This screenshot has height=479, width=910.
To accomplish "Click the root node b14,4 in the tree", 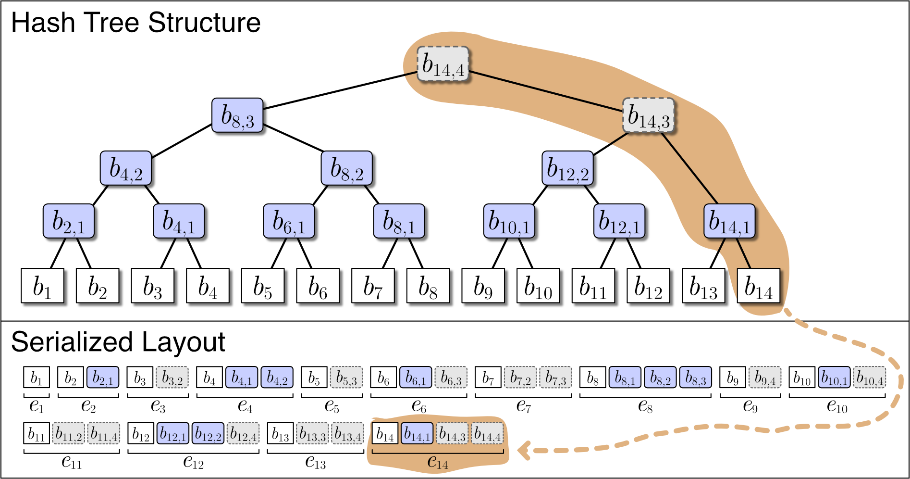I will (x=443, y=63).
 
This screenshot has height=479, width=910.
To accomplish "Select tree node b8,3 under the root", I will (x=237, y=115).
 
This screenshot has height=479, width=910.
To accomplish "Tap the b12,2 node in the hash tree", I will (x=567, y=168).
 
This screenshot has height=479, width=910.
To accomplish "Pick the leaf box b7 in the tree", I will (x=373, y=286).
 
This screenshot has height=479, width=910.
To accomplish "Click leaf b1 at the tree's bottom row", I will (x=42, y=286).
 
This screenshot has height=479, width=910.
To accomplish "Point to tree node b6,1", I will (x=289, y=221).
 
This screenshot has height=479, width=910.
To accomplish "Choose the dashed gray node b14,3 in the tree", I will (x=649, y=115).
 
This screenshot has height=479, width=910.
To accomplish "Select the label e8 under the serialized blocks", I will (x=645, y=406).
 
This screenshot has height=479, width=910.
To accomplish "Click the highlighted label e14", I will (x=438, y=462).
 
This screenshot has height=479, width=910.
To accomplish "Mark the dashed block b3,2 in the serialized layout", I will (x=172, y=378).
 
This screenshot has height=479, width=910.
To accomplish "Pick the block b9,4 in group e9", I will (x=765, y=378).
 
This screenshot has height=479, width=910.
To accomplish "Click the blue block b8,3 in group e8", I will (x=695, y=378).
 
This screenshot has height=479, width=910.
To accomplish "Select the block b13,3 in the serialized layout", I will (x=312, y=433).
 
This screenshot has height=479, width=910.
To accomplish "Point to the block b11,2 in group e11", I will (x=68, y=433).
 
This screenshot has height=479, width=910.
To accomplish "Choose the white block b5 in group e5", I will (x=314, y=378).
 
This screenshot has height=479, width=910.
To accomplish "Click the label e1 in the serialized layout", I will (x=37, y=406).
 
